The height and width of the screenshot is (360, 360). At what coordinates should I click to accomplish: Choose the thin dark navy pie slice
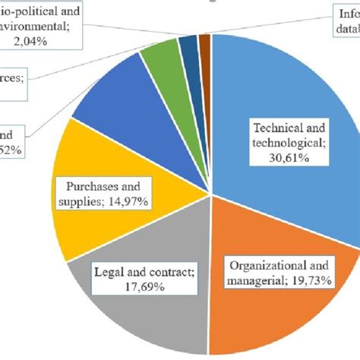tap(189, 49)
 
